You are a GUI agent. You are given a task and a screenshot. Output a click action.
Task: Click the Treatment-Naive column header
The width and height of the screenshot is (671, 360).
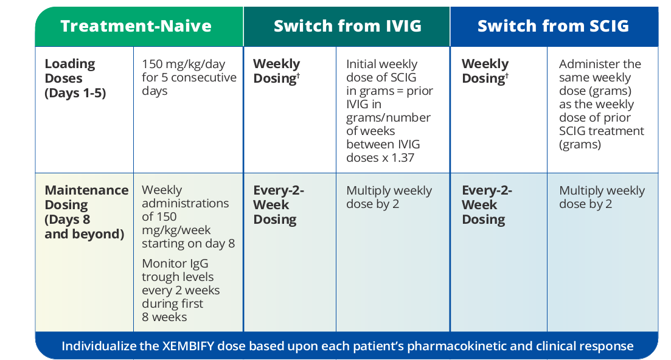[x=136, y=26]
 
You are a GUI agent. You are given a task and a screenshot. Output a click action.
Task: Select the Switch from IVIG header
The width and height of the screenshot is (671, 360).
[x=347, y=26]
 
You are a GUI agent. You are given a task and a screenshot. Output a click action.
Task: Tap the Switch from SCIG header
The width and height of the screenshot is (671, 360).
[x=554, y=26]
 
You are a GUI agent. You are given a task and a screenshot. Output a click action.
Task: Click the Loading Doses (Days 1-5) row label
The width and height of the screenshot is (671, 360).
[x=75, y=78]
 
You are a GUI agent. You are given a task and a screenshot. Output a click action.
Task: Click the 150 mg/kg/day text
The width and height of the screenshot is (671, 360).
[x=184, y=64]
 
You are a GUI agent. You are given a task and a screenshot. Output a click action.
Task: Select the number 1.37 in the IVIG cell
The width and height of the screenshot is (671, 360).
[x=403, y=157]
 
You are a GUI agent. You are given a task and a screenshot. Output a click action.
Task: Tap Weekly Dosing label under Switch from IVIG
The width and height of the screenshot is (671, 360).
[x=276, y=71]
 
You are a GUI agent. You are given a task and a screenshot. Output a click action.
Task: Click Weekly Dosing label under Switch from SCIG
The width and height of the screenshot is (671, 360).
[x=485, y=71]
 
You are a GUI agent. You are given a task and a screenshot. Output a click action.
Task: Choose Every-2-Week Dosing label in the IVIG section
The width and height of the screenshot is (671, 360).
[x=279, y=205]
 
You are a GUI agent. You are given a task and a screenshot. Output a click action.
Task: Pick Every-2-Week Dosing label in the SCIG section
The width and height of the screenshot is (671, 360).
[x=487, y=205]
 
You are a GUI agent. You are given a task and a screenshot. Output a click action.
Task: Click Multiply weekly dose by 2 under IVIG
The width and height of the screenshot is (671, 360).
[x=389, y=197]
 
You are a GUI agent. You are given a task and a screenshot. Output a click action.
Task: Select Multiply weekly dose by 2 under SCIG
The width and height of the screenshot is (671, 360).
[x=602, y=197]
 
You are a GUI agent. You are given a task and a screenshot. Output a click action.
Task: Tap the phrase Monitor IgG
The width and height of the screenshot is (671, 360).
[x=175, y=264]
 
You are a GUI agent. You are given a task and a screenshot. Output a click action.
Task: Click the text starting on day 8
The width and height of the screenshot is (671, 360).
[x=189, y=244]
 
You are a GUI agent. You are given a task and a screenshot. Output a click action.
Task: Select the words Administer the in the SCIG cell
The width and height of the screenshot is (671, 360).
[x=600, y=64]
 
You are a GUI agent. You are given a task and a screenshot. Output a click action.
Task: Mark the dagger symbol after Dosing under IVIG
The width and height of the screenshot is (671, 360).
[x=298, y=75]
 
